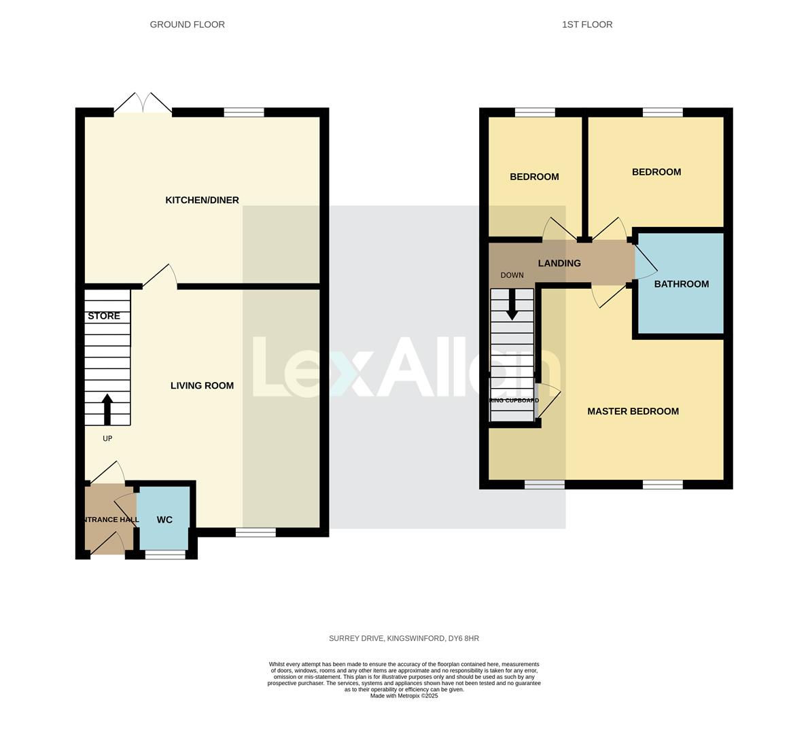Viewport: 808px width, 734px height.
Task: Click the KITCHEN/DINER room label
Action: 202,200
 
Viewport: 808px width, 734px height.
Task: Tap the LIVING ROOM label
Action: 202,385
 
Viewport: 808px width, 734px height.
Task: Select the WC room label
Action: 164,520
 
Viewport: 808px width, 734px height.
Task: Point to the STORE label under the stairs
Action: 104,316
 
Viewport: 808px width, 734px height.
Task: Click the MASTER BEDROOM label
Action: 633,411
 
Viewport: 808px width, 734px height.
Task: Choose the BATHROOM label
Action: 681,284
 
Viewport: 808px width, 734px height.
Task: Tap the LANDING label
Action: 559,263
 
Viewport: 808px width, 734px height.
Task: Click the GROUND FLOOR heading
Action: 187,24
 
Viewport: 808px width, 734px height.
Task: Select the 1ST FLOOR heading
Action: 587,24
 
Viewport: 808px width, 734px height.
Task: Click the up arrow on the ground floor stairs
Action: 107,408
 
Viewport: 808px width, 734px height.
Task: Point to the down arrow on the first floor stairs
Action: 512,305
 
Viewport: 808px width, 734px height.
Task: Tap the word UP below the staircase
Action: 107,438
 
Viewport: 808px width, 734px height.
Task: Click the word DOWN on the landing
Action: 512,275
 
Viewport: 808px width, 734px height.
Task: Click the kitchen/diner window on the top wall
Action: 244,112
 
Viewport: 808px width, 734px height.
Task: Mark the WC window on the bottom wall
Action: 165,555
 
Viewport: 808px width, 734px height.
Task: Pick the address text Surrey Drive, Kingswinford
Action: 404,638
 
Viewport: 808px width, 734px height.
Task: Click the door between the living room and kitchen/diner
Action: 161,277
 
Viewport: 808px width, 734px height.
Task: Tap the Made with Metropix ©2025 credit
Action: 404,696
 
